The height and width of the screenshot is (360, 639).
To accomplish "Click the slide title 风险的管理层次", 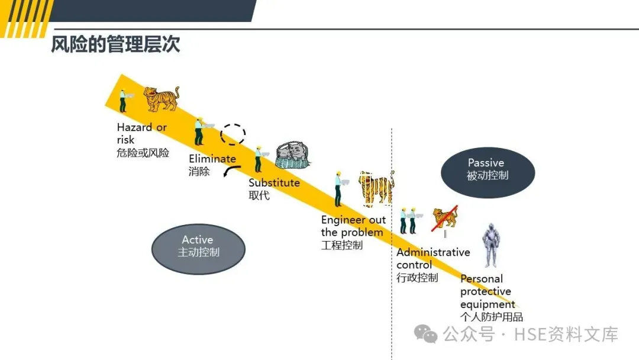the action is (x=115, y=45).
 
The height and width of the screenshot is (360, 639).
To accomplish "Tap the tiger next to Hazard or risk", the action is (x=161, y=98).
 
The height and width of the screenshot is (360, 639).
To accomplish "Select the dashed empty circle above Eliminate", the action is (x=233, y=135).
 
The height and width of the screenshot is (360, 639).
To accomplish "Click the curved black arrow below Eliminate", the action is (x=231, y=171).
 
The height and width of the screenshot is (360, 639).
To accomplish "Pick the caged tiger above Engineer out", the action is (x=376, y=188).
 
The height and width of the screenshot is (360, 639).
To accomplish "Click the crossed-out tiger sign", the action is (x=445, y=218).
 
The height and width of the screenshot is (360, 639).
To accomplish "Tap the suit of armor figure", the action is (x=490, y=246).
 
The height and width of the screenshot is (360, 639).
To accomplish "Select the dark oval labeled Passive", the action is (x=488, y=172).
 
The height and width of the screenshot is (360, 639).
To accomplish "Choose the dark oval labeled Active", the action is (x=198, y=249).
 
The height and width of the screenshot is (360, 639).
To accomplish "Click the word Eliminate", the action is (x=212, y=159).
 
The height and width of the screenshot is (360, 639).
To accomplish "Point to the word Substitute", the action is (x=274, y=182).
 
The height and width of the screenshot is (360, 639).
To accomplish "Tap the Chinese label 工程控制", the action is (x=341, y=245).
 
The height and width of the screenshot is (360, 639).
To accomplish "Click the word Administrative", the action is (x=433, y=252).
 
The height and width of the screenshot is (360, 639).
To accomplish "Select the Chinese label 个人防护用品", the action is (x=492, y=317).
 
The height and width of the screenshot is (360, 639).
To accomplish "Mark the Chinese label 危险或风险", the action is (x=143, y=153).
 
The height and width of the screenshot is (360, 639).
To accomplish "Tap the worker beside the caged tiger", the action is (x=338, y=188).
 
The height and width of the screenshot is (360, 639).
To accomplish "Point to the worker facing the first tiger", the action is (x=123, y=101).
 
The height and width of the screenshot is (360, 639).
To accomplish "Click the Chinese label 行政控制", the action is (x=417, y=278).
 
